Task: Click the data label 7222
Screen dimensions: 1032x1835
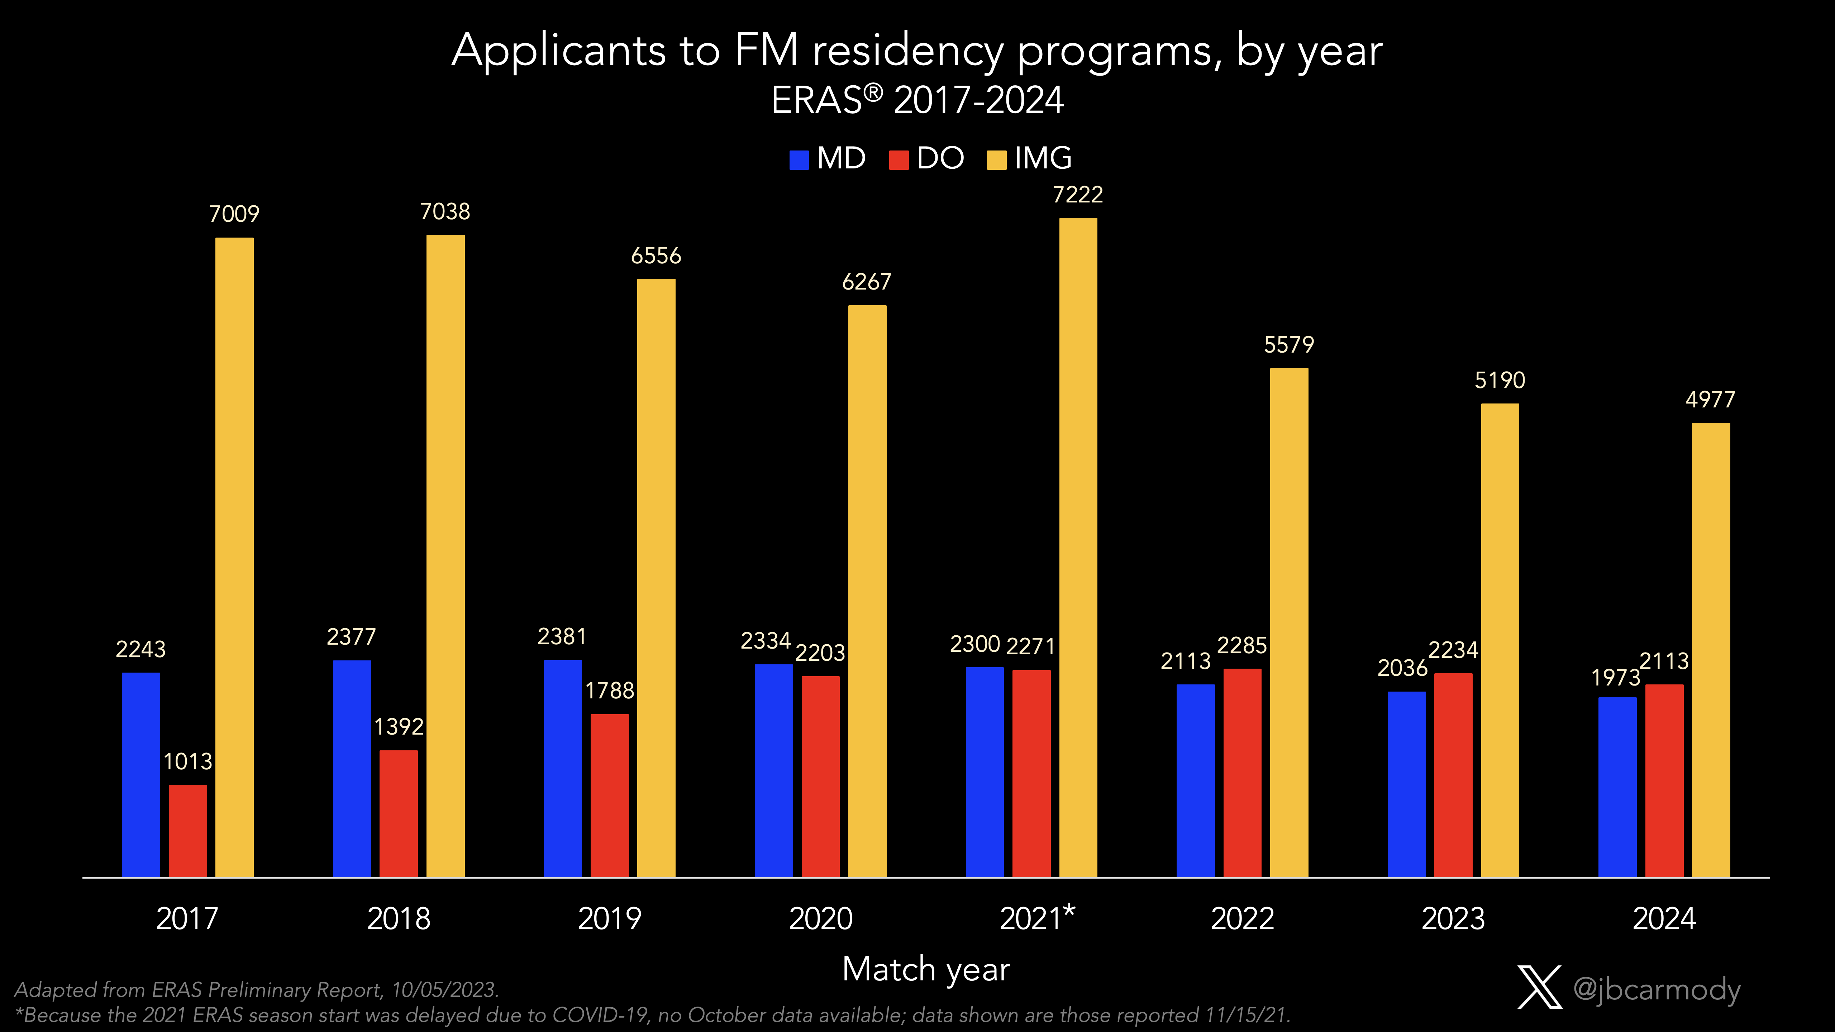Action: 1078,195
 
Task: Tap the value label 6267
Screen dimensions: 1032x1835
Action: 866,282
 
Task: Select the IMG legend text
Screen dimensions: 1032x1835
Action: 1043,158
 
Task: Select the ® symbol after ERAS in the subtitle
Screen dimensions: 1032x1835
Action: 873,92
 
